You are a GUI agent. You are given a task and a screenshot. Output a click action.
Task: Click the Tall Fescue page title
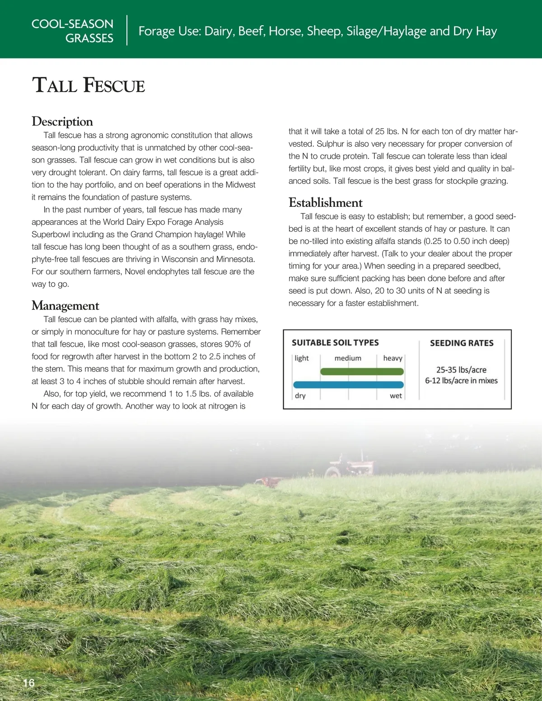tap(89, 86)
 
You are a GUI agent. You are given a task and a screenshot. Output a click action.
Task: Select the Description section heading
tap(62, 121)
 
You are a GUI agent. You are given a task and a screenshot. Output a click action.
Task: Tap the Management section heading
tap(65, 306)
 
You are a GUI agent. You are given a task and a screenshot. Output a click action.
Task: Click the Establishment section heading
tap(326, 203)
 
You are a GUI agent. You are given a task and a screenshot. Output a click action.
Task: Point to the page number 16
tap(28, 683)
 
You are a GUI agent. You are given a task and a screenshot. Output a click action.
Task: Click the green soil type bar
tap(362, 371)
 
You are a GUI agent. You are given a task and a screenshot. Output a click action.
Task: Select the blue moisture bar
tap(348, 385)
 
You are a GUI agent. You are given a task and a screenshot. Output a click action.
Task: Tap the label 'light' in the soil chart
tap(302, 358)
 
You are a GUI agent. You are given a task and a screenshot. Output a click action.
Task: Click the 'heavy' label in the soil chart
tap(392, 358)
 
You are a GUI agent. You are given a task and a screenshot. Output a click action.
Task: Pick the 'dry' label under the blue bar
tap(300, 396)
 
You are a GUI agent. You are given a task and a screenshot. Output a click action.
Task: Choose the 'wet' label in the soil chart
tap(396, 396)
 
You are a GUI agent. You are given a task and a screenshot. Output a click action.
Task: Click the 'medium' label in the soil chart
tap(348, 358)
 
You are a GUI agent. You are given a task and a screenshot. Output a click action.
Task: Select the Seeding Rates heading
tap(462, 343)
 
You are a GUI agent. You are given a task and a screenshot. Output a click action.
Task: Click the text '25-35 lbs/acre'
tap(461, 370)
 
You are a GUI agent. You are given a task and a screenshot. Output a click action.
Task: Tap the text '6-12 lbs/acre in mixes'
tap(461, 381)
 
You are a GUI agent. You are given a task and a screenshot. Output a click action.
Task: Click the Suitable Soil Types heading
tap(335, 343)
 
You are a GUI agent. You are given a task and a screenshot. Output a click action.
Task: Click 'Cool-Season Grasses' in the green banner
tap(73, 31)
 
